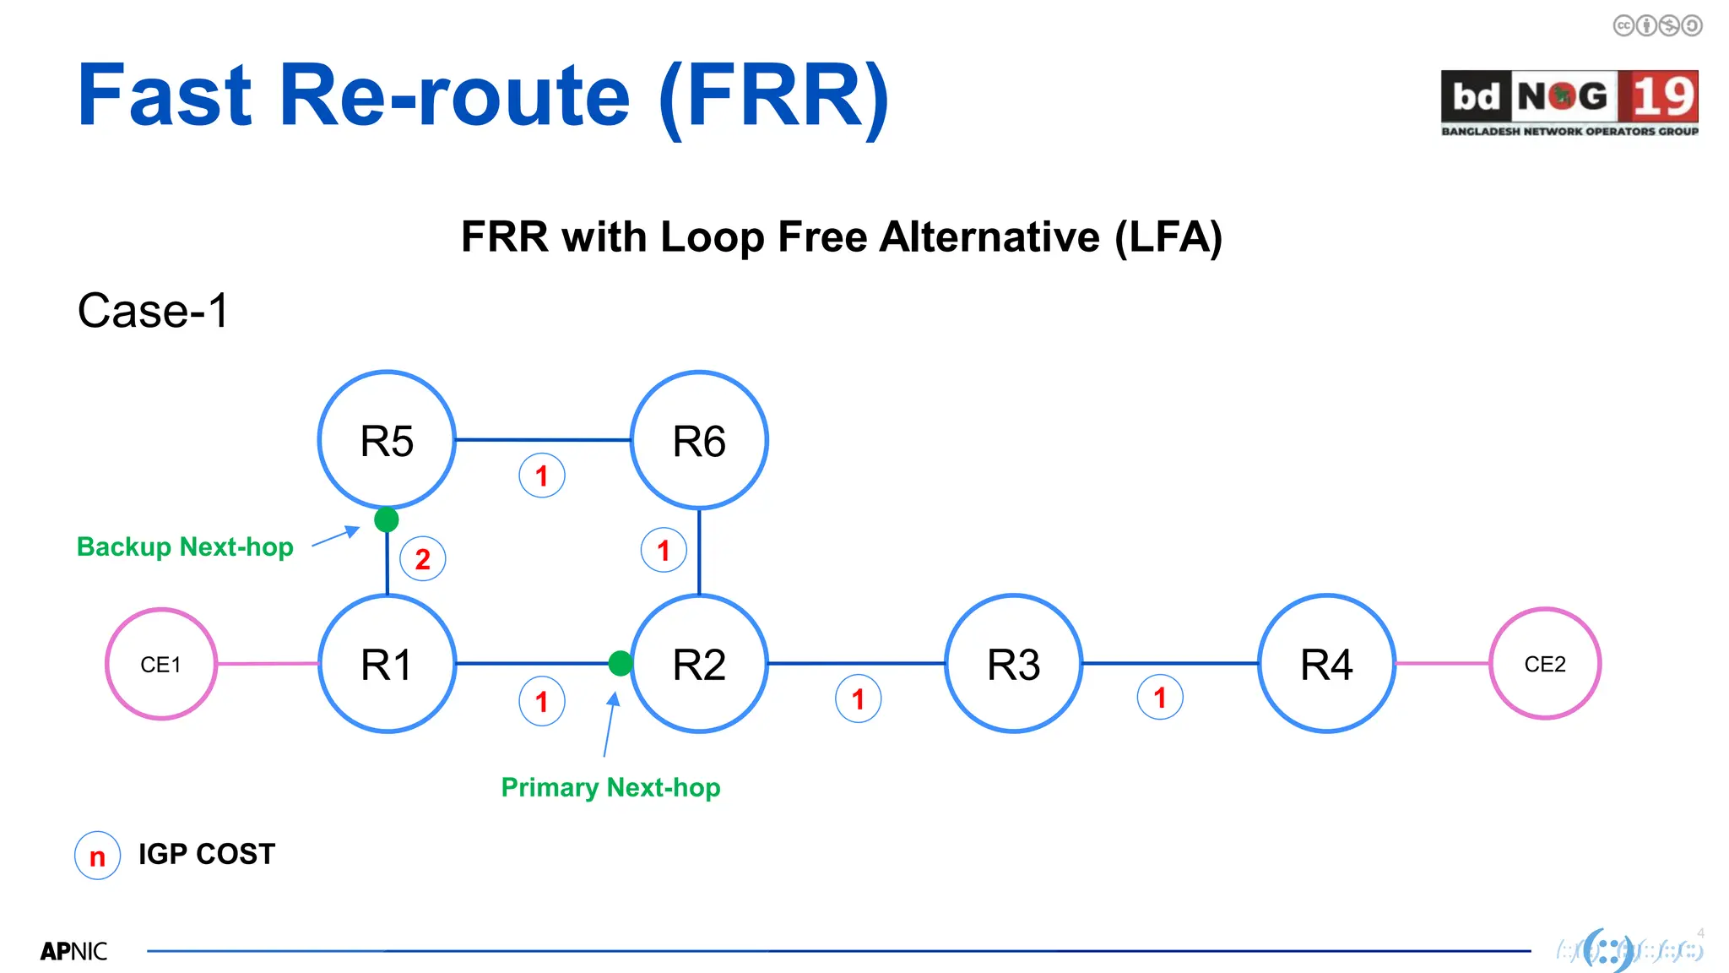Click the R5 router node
point(387,440)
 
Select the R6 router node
point(699,440)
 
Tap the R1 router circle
point(387,664)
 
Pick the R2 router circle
point(699,664)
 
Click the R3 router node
point(1013,664)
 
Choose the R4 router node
point(1326,664)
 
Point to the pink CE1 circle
point(160,664)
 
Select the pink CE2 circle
point(1545,664)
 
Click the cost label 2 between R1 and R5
point(422,559)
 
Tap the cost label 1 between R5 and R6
point(542,476)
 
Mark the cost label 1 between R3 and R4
point(1160,698)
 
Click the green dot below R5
point(387,519)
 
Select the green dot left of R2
point(621,663)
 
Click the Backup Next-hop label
point(185,546)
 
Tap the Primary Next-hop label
point(610,787)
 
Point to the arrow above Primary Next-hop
point(610,724)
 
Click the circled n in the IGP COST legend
point(98,856)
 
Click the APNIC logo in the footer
point(73,951)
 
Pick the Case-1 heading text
point(153,311)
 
